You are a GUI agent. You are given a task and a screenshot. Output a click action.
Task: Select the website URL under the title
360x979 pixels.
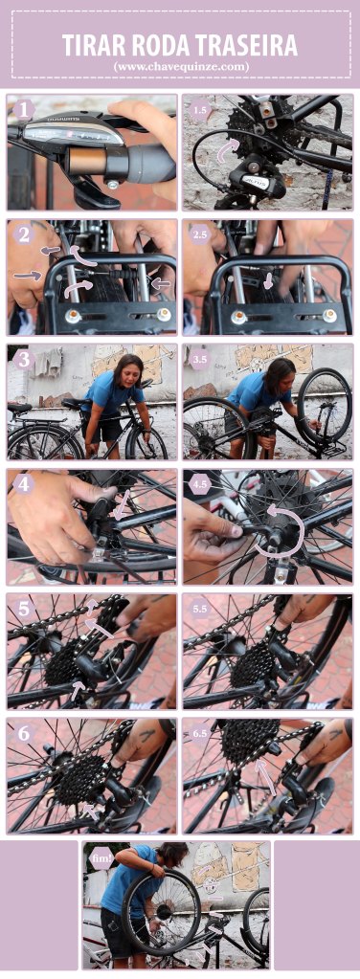click(180, 66)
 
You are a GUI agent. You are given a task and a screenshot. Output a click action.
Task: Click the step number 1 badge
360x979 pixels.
click(24, 110)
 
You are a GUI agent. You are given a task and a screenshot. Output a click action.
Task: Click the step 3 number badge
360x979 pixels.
click(24, 360)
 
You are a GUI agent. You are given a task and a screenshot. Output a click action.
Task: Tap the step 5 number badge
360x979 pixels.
click(24, 610)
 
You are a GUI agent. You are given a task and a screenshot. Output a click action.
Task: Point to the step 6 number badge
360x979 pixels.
click(24, 734)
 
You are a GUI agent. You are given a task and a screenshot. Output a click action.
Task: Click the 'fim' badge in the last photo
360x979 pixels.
click(101, 858)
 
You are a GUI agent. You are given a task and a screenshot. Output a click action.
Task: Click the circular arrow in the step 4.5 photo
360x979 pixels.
click(284, 528)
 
